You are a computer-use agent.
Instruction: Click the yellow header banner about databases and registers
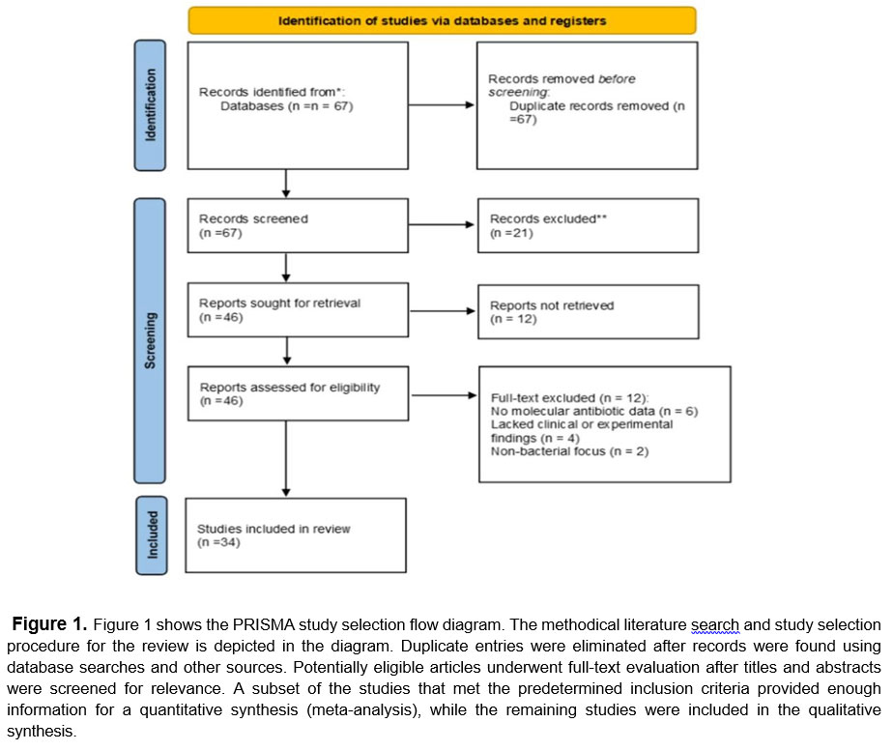click(x=442, y=20)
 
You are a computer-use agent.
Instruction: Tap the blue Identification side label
click(x=150, y=105)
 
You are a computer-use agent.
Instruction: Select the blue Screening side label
click(x=150, y=340)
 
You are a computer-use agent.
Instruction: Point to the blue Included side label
click(x=152, y=535)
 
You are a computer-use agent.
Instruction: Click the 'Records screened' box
click(x=298, y=225)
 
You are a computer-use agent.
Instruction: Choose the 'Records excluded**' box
click(x=588, y=225)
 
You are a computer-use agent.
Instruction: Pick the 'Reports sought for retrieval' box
click(x=298, y=309)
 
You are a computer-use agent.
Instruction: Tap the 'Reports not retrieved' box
click(x=589, y=311)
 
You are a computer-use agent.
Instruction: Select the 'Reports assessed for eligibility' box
click(x=298, y=393)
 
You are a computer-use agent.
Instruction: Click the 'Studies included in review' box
click(x=296, y=535)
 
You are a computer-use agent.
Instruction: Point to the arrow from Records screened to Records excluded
click(x=442, y=225)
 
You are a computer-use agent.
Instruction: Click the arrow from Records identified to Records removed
click(x=442, y=104)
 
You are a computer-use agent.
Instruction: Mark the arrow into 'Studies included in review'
click(x=286, y=458)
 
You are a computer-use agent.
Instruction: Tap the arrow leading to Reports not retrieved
click(x=443, y=311)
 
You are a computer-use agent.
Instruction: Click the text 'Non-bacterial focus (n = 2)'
click(x=569, y=451)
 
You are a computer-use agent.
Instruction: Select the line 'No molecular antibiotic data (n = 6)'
click(x=594, y=411)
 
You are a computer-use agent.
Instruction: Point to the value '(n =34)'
click(x=218, y=542)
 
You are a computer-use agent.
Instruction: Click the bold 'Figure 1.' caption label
click(x=49, y=624)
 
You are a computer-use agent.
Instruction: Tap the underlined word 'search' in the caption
click(x=715, y=624)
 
